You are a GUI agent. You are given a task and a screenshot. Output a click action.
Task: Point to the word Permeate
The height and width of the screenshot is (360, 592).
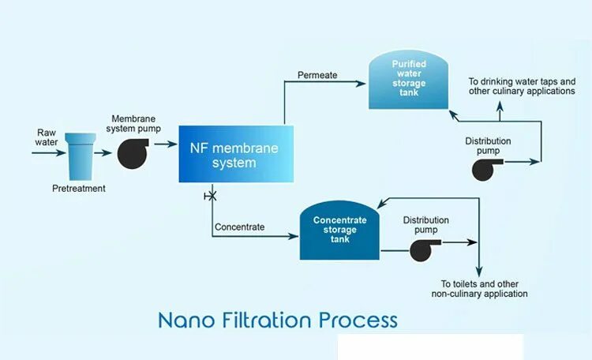(317, 75)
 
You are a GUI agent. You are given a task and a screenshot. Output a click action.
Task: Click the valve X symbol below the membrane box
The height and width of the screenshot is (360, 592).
(211, 194)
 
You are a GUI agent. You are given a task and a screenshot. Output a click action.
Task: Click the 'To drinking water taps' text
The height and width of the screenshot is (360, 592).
(522, 82)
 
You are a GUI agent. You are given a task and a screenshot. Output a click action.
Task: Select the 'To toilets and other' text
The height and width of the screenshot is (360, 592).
(479, 284)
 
